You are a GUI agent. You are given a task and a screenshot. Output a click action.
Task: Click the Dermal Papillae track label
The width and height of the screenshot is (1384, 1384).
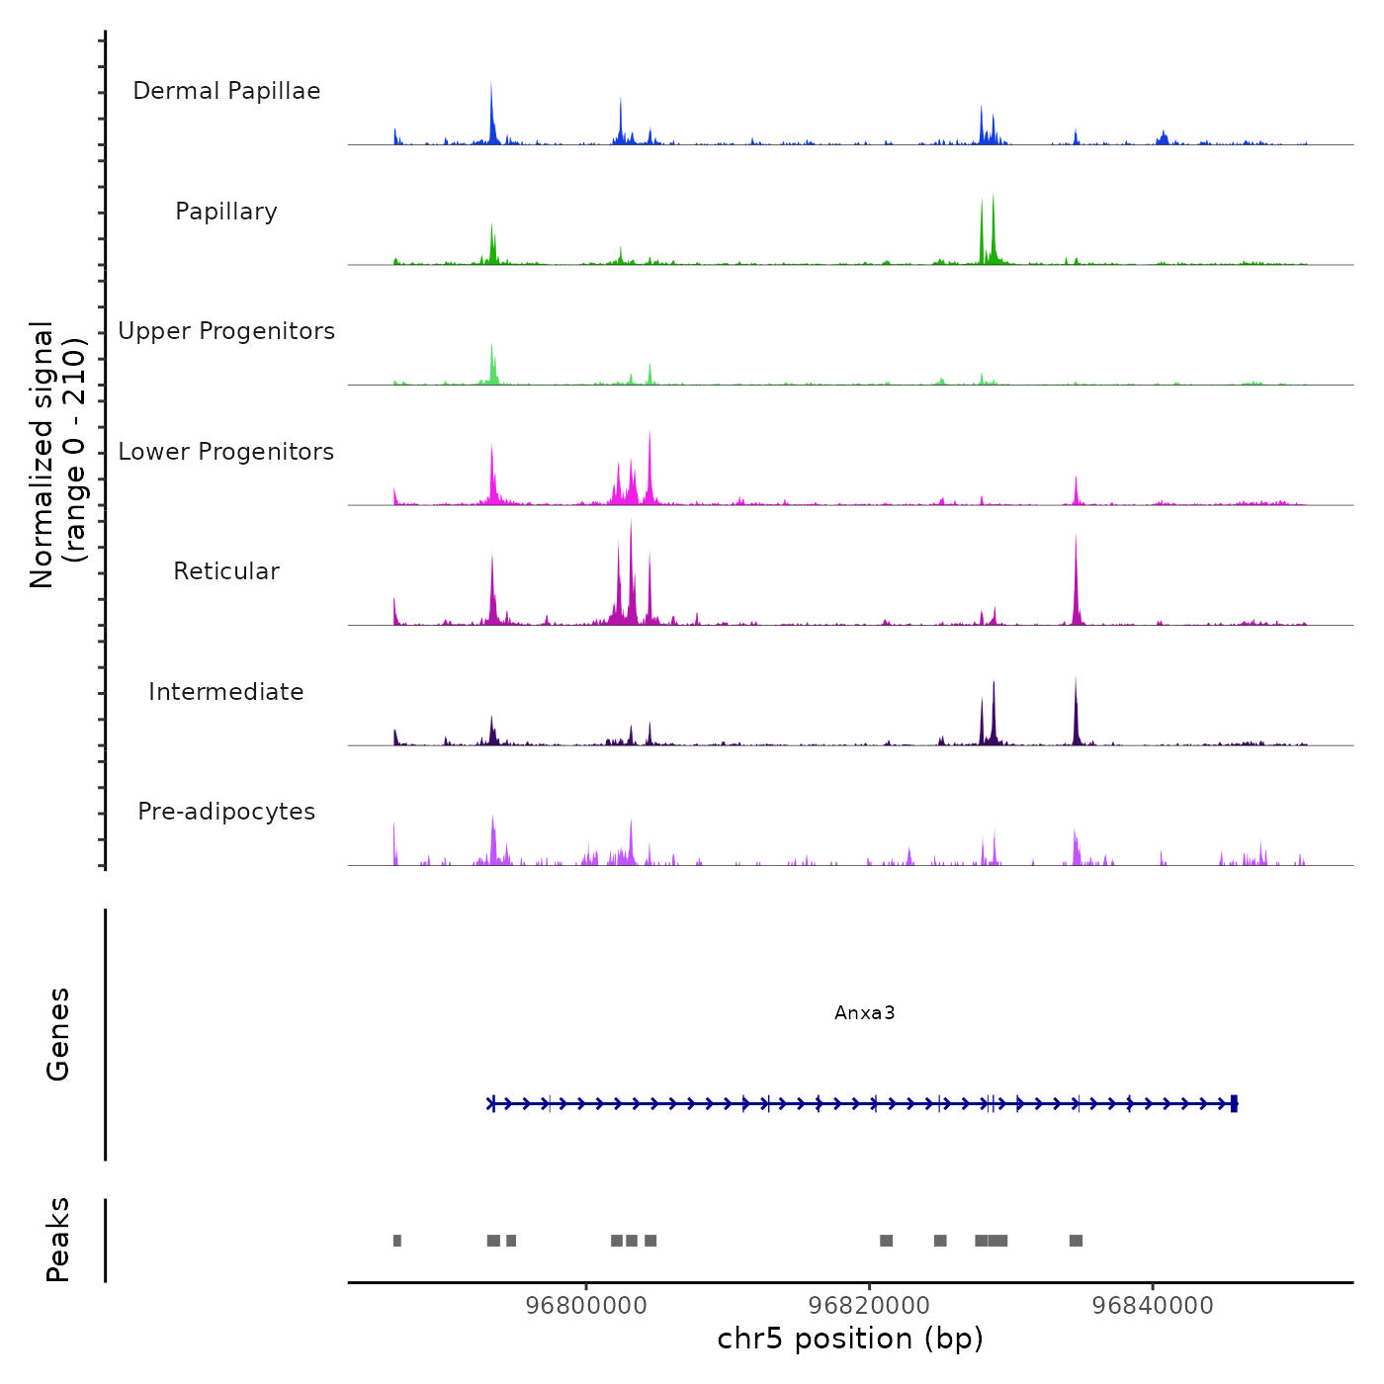226,91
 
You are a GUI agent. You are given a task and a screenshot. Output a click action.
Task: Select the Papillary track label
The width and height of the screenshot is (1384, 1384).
226,212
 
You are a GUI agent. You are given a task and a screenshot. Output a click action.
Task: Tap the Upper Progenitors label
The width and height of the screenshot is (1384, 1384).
226,331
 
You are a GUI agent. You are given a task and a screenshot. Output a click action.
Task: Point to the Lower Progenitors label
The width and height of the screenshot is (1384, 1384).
226,452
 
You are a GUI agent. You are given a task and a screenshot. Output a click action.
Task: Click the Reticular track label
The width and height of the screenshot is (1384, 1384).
226,571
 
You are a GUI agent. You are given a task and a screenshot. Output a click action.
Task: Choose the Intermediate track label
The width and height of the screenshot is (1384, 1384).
226,692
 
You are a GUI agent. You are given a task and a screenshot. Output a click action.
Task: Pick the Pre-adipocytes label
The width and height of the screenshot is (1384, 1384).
226,812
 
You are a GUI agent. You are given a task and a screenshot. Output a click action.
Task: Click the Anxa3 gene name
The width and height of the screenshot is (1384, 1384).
864,1012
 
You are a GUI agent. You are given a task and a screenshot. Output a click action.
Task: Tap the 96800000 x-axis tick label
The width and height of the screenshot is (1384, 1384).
586,1305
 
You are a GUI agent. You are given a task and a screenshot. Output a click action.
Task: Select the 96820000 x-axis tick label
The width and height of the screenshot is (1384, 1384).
869,1305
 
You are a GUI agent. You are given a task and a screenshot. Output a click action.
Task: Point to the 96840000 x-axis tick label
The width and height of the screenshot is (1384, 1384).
1153,1305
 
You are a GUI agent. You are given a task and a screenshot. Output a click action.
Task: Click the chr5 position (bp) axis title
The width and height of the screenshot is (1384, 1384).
850,1339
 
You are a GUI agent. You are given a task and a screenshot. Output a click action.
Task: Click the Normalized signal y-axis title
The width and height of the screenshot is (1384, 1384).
57,455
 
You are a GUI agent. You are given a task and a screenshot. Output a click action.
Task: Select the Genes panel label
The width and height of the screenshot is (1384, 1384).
58,1034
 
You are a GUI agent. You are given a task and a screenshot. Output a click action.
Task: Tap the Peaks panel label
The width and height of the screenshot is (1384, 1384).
58,1240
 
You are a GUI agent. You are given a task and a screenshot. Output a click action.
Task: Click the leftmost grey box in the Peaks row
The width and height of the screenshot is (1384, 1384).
397,1241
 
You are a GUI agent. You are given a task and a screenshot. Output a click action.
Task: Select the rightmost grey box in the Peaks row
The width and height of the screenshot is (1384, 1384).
1076,1241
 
